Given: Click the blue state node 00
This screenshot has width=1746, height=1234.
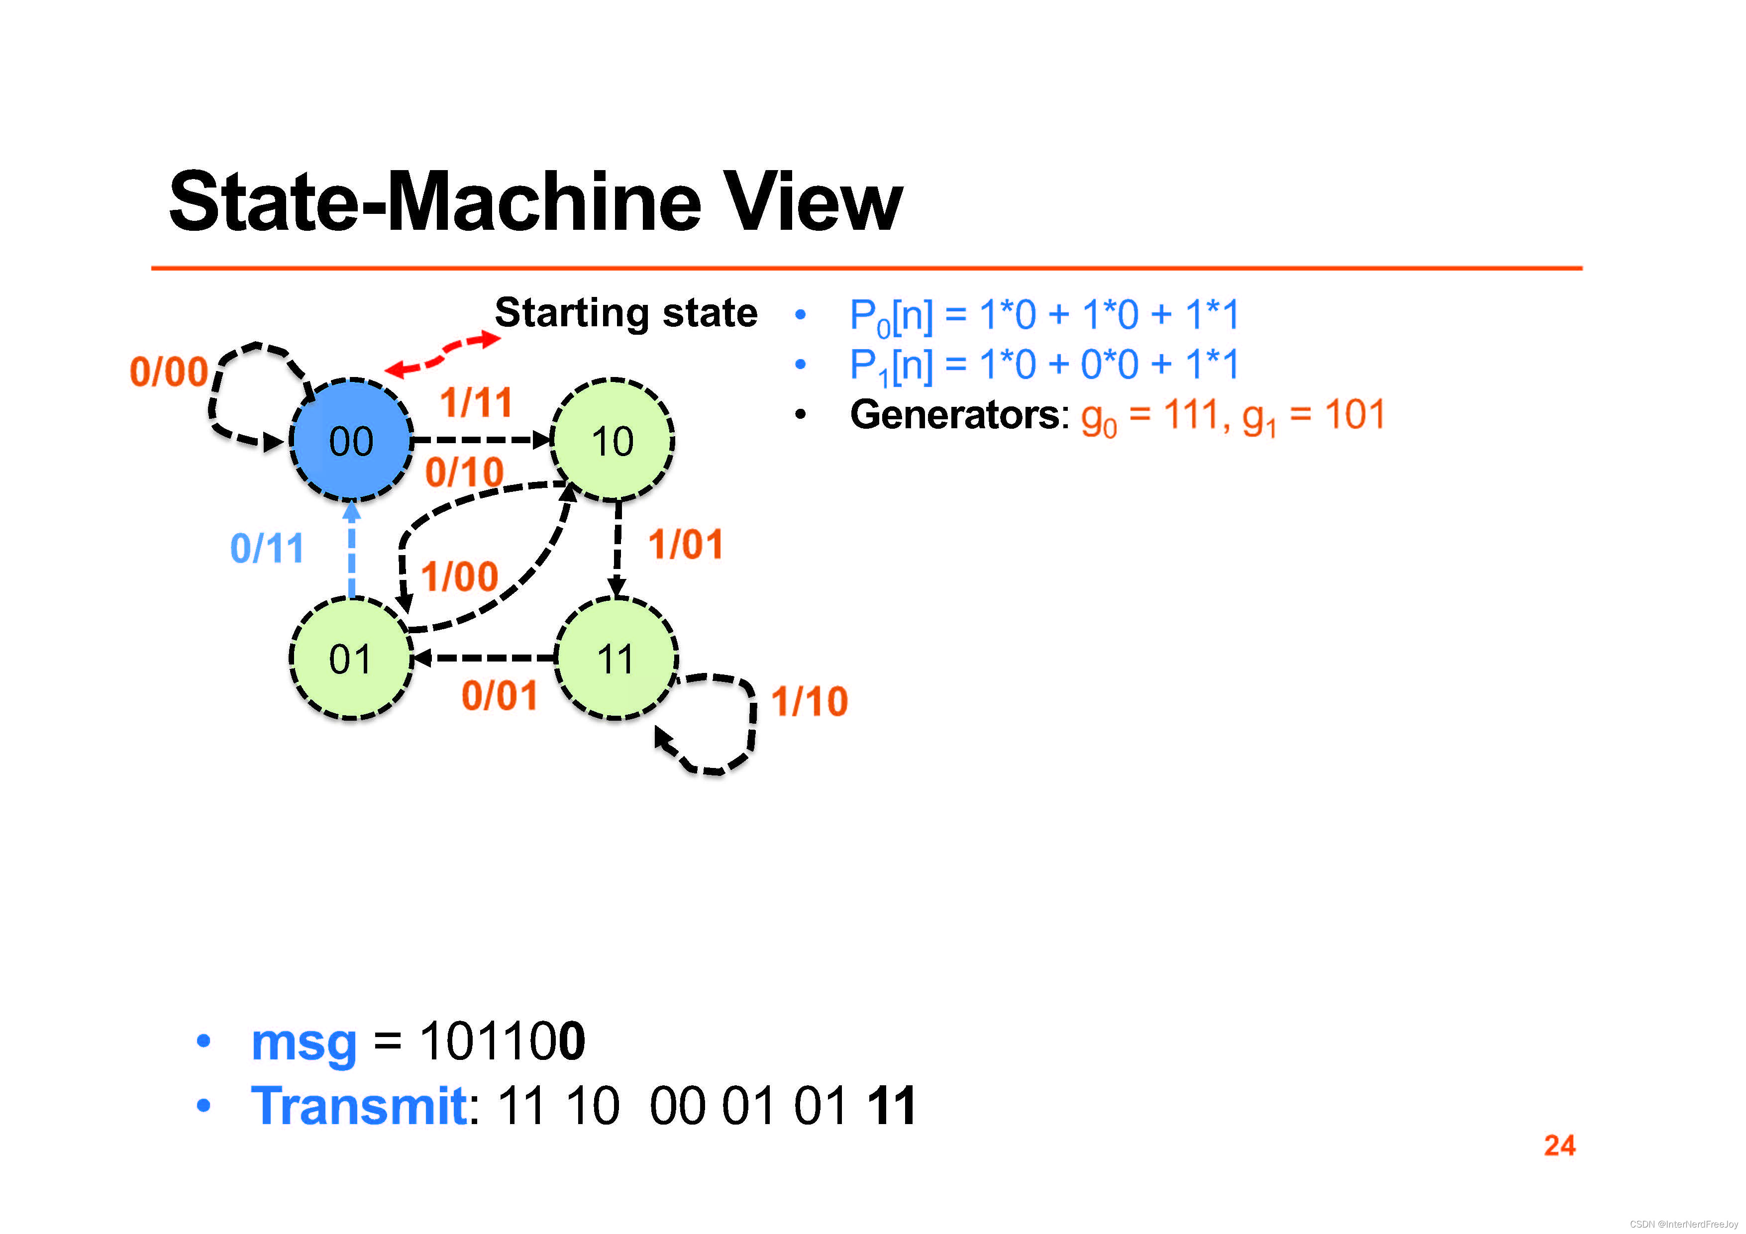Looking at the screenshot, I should (351, 440).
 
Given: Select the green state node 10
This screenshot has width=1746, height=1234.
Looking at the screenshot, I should (612, 440).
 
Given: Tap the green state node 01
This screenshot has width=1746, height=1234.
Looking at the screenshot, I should (351, 659).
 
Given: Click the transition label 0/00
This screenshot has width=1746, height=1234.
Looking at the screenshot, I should (169, 372).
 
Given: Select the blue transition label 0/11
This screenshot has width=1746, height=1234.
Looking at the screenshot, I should (267, 548).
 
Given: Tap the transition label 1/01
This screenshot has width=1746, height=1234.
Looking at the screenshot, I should (685, 545).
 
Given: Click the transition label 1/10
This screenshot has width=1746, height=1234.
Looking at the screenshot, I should (809, 701).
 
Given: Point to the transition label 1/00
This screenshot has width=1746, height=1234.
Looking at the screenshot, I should (459, 576).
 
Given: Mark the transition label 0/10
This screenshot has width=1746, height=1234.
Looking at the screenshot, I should (464, 472).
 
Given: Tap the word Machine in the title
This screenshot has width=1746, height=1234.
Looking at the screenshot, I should (544, 203).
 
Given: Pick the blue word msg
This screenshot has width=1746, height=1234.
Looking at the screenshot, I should (304, 1043).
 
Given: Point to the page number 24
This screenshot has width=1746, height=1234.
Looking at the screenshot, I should (1559, 1145).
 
